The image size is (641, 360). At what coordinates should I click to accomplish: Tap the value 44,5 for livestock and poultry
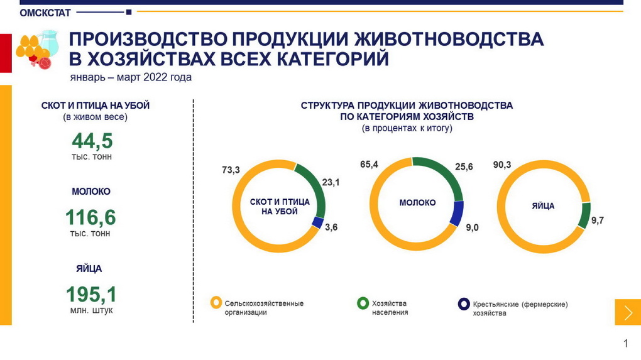(x=91, y=141)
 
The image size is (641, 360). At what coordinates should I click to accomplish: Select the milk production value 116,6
(x=90, y=217)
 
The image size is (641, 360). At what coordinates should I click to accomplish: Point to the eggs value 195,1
(x=91, y=294)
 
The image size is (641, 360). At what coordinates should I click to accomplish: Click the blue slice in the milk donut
(x=457, y=214)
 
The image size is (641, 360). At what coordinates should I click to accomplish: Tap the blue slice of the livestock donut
(x=318, y=222)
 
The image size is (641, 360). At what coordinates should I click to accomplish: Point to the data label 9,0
(x=472, y=227)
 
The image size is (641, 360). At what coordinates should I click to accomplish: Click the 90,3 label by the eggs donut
(x=503, y=165)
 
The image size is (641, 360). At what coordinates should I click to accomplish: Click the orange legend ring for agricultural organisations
(x=216, y=303)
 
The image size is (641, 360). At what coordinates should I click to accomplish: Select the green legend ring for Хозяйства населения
(x=363, y=303)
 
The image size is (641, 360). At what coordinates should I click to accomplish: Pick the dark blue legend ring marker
(x=464, y=304)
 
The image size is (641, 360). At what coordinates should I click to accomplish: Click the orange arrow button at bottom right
(x=627, y=312)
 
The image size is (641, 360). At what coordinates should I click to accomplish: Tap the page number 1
(x=625, y=343)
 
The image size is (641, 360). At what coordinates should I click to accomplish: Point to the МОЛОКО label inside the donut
(x=417, y=203)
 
